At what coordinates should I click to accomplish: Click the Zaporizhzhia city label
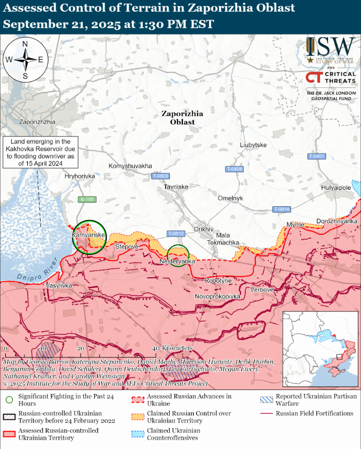coord(37,122)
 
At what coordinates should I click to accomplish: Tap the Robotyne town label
coord(218,281)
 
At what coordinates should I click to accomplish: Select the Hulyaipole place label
coord(336,188)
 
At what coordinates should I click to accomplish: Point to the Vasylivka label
coord(59,285)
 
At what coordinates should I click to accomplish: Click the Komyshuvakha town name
coord(130,166)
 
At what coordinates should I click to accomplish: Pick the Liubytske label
coord(253,145)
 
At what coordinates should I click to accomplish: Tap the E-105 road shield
coord(87,199)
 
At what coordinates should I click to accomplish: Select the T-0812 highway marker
coord(176,234)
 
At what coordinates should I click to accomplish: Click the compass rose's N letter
coord(25,44)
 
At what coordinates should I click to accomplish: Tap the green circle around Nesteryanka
coord(178,254)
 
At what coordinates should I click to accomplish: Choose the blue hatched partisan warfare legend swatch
coord(266,399)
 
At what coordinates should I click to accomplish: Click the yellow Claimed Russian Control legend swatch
coord(137,415)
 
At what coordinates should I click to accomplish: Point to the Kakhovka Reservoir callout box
coord(40,152)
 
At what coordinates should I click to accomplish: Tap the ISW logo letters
coord(335,47)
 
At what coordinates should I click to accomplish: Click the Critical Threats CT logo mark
coord(314,78)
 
